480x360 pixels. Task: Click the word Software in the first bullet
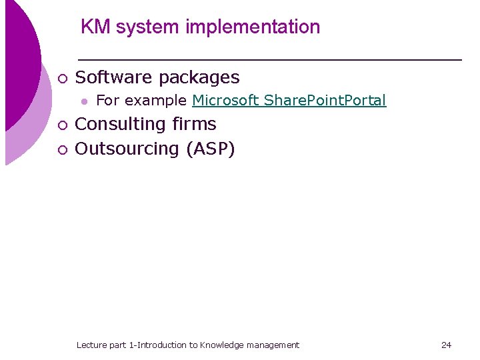click(114, 77)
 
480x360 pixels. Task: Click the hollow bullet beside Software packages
click(62, 79)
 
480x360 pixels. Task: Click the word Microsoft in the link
click(225, 101)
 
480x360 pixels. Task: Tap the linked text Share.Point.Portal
click(325, 101)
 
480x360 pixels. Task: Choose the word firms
click(194, 124)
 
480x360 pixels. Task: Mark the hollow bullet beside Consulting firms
click(62, 125)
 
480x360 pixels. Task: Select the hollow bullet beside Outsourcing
click(62, 149)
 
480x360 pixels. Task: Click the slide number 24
click(446, 345)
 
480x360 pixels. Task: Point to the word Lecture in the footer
click(91, 345)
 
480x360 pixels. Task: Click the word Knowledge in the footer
click(221, 345)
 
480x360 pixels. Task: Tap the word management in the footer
click(273, 345)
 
